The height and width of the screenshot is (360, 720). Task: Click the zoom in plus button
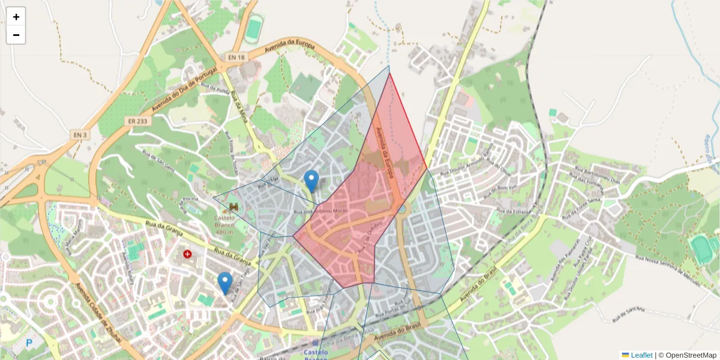pyautogui.click(x=16, y=17)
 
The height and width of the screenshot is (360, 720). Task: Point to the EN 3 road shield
pyautogui.click(x=80, y=135)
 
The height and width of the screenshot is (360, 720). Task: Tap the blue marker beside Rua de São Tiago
pyautogui.click(x=225, y=282)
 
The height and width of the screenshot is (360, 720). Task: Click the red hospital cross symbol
pyautogui.click(x=188, y=254)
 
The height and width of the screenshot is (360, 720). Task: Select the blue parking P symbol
pyautogui.click(x=29, y=343)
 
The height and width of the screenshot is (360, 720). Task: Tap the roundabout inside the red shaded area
pyautogui.click(x=401, y=209)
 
